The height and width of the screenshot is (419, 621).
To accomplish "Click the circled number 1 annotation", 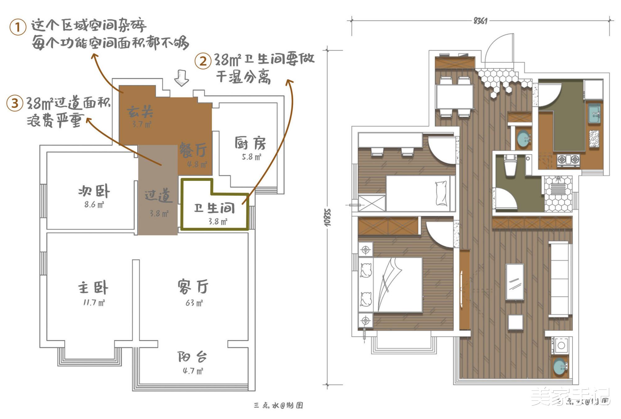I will coord(18,27).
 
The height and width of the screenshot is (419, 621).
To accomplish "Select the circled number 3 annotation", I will coord(15,103).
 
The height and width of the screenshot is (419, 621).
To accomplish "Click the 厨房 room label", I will coord(250,143).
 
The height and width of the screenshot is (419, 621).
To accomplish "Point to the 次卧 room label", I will coord(94,191).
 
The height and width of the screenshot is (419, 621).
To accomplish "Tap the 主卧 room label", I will coord(93,287).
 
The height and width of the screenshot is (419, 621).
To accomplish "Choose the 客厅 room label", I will coord(193,286).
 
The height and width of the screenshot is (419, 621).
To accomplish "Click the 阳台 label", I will coord(192,357).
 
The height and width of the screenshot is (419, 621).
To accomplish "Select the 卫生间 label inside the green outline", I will coord(214,208).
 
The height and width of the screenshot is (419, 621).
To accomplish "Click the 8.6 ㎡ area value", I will coord(94,205).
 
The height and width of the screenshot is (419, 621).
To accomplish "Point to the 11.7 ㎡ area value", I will coord(94,303).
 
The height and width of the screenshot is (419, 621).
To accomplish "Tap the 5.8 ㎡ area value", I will coord(252,157).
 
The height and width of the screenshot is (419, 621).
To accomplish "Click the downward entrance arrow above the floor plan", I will coord(181,78).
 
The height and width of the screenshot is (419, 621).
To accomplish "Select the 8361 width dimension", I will coord(480,21).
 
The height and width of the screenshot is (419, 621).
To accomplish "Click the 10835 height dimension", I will coord(328,217).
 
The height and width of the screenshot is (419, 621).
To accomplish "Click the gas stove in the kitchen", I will coord(568,160).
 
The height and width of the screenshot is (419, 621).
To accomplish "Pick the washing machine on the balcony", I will coord(561,345).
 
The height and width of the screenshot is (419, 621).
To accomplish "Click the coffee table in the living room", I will coord(515,282).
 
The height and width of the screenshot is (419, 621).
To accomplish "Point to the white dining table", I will coord(455,96).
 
